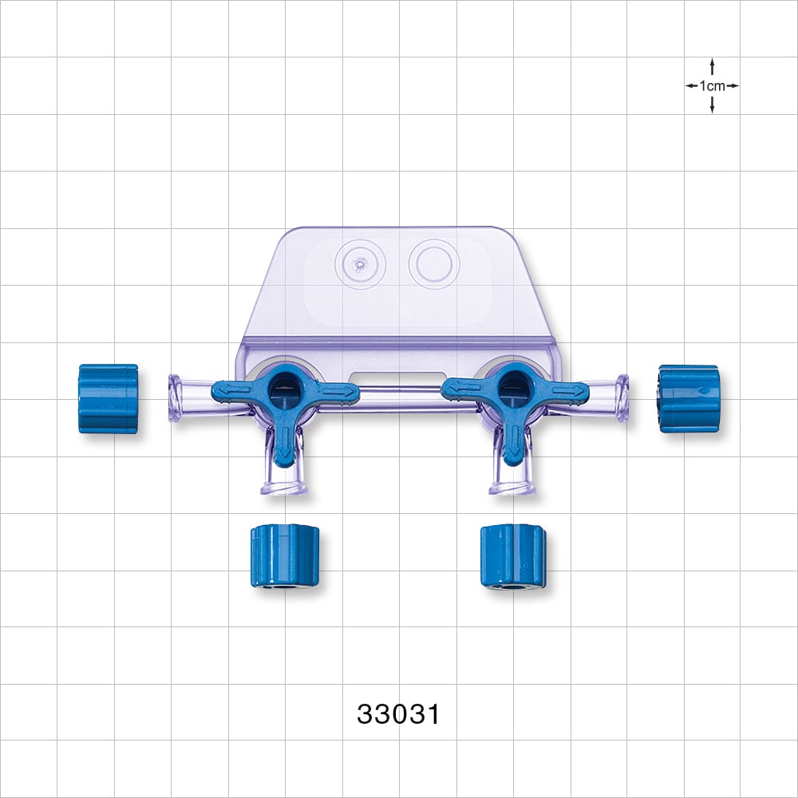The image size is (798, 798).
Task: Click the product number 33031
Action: [398, 713]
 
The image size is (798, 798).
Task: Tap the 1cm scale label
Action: [712, 85]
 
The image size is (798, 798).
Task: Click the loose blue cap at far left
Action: [108, 398]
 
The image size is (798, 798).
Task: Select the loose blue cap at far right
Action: [688, 398]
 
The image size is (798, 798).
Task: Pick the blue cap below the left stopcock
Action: [284, 555]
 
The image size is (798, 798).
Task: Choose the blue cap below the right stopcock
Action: [512, 556]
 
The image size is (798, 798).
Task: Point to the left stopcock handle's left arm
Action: [235, 391]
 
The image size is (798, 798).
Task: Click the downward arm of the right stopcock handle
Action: [512, 442]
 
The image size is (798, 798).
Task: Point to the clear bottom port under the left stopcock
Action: [284, 483]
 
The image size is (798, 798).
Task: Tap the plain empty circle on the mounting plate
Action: [433, 263]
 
